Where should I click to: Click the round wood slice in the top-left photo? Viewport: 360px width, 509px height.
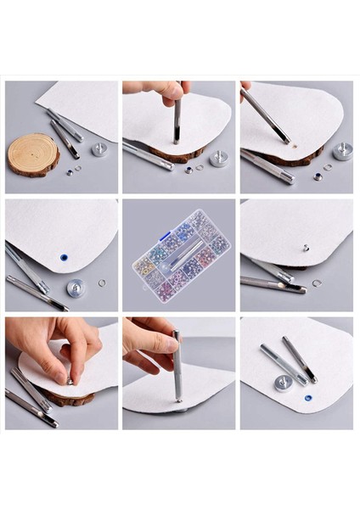tap(33, 154)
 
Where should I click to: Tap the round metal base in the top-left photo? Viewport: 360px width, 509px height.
tap(100, 149)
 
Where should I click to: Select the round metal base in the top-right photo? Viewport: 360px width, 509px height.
tap(343, 151)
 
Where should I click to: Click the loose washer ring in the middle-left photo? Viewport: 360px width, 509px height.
tap(102, 282)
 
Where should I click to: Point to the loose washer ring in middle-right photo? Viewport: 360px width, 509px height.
tap(316, 282)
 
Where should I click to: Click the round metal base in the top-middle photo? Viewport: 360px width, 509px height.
tap(218, 158)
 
